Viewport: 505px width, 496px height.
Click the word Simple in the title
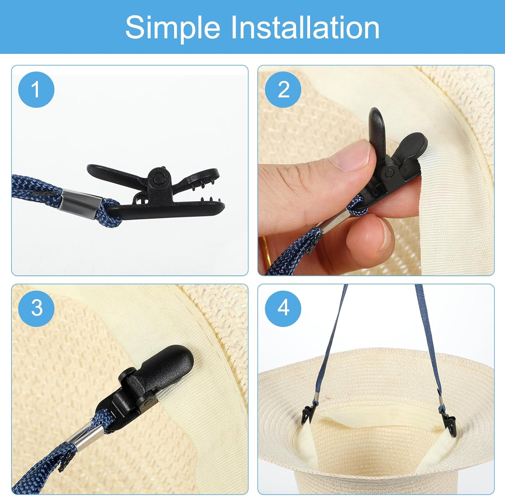(173, 28)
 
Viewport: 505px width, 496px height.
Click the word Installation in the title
(305, 27)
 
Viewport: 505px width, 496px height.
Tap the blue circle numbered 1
(36, 90)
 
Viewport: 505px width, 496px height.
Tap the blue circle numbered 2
(283, 90)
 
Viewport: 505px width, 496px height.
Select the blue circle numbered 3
(36, 308)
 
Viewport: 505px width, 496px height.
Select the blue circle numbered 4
(283, 308)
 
